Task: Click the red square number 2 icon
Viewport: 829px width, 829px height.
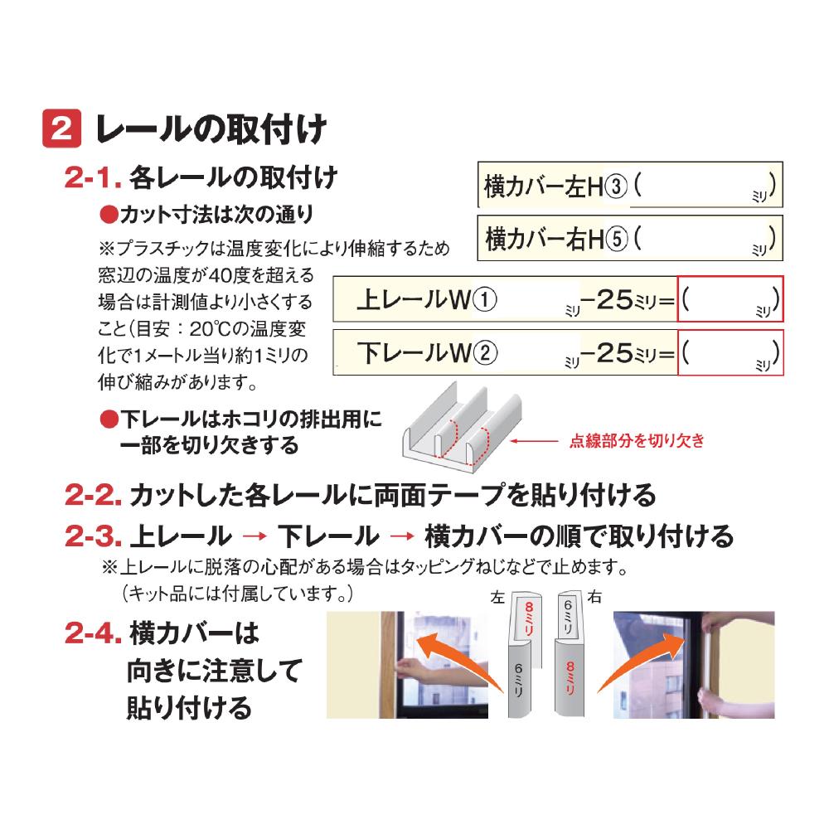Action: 62,128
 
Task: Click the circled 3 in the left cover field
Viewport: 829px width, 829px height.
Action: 615,186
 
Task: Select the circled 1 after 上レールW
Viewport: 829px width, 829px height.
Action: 484,300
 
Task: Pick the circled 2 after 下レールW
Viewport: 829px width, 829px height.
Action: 485,353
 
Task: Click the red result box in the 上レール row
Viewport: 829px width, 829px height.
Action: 730,298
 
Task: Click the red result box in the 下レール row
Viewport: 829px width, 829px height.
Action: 730,352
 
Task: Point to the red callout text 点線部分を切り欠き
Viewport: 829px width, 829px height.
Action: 637,440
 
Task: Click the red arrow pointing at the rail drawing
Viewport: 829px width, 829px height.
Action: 534,441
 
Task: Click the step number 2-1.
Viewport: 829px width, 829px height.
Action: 93,177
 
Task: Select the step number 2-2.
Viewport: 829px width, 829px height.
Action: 94,496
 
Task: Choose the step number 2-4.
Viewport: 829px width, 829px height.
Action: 94,633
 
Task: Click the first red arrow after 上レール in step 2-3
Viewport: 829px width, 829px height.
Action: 255,536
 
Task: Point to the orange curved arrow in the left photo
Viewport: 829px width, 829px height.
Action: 459,658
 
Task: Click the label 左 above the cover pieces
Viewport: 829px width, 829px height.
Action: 497,598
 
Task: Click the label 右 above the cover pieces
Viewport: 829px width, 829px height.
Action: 594,597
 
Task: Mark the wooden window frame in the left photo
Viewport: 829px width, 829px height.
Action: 389,665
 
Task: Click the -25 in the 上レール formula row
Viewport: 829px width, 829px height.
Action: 607,300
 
